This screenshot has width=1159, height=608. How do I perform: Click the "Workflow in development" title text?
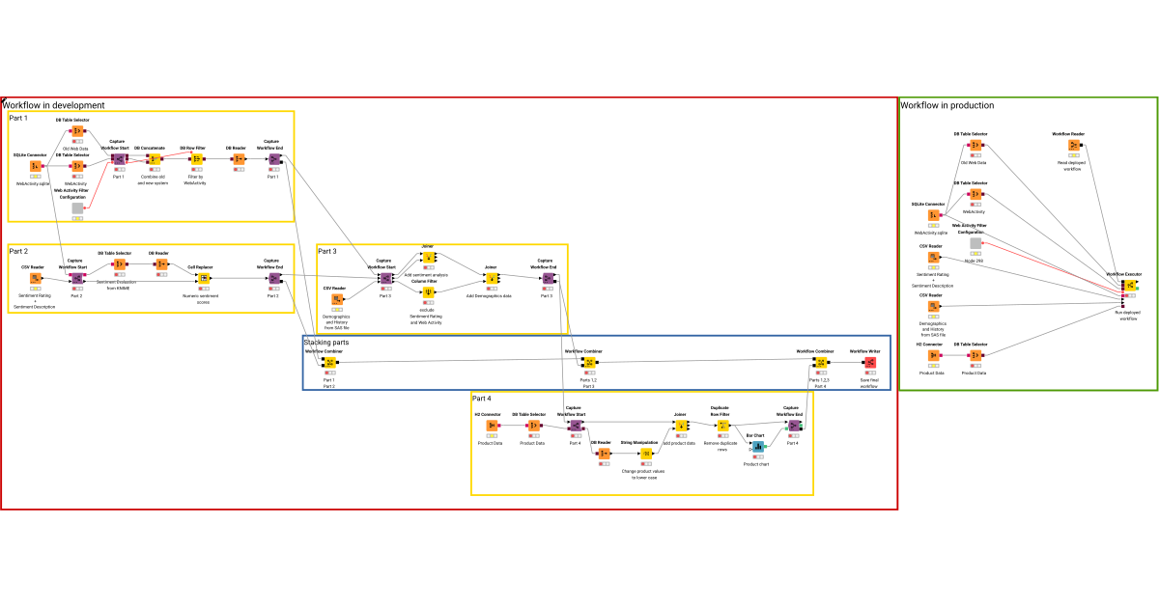click(x=53, y=105)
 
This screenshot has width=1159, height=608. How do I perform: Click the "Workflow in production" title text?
click(x=947, y=105)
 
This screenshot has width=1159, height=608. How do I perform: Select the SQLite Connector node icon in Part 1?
click(x=36, y=166)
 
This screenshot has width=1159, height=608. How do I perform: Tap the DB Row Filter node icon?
click(x=194, y=159)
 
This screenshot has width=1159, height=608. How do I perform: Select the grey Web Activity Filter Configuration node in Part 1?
click(x=77, y=207)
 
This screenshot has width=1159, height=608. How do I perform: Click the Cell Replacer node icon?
click(x=204, y=279)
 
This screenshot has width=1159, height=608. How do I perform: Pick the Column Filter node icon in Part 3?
click(x=428, y=291)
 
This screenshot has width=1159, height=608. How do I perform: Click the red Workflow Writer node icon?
click(x=869, y=363)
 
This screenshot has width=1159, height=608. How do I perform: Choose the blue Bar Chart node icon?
click(x=757, y=447)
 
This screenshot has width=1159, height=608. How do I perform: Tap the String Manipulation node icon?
click(x=644, y=453)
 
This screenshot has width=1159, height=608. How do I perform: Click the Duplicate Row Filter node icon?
click(x=722, y=426)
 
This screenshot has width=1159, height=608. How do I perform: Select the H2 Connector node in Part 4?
click(x=493, y=426)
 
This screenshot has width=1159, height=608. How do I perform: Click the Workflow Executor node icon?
click(x=1126, y=286)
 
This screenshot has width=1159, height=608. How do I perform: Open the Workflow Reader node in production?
click(x=1072, y=145)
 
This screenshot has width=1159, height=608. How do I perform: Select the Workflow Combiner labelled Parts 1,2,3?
click(x=820, y=363)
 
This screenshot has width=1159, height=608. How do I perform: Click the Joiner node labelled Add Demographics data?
click(x=491, y=279)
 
